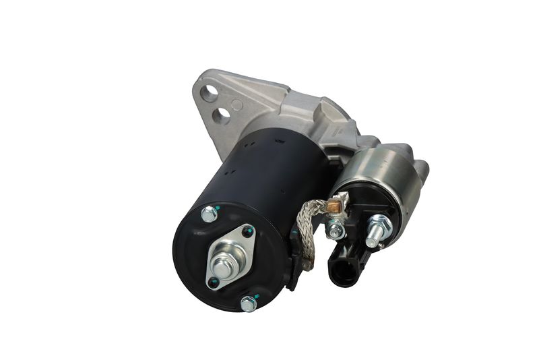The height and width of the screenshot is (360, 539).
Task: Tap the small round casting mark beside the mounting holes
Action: click(x=236, y=104)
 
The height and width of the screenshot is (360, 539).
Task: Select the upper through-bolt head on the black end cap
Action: click(x=209, y=214)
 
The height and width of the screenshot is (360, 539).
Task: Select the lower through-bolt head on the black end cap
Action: click(x=249, y=303)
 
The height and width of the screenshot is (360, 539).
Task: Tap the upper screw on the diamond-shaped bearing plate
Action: click(x=247, y=233)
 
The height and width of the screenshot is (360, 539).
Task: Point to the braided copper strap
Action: click(x=307, y=229)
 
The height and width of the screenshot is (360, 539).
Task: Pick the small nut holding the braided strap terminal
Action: click(x=335, y=231)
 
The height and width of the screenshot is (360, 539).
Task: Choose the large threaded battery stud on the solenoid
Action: click(x=379, y=229)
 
